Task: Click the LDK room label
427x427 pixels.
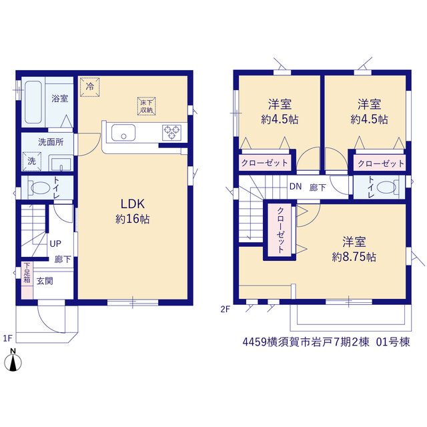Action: pos(133,203)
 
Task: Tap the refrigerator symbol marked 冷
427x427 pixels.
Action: pos(89,87)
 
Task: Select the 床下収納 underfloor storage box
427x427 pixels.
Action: pos(147,106)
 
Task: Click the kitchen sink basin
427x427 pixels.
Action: pos(123,133)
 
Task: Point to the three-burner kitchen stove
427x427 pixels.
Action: pos(172,133)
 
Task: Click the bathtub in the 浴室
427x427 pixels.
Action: pos(33,102)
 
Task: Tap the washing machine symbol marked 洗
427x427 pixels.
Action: pos(32,161)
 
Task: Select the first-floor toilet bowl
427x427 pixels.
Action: pos(40,188)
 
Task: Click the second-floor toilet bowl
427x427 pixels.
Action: pos(386,187)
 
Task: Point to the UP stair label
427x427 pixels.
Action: pos(55,244)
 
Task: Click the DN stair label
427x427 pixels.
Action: pos(296,187)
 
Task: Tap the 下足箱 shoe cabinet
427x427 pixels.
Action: pos(27,280)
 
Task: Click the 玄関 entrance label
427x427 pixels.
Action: pos(45,281)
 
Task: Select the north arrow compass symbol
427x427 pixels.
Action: pos(13,360)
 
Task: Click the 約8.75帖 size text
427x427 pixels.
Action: pos(354,257)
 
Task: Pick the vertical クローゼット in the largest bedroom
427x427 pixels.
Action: pos(280,230)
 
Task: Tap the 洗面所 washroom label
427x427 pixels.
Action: pos(51,142)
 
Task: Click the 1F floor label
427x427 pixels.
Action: pos(8,338)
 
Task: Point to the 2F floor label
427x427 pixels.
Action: pos(226,310)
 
